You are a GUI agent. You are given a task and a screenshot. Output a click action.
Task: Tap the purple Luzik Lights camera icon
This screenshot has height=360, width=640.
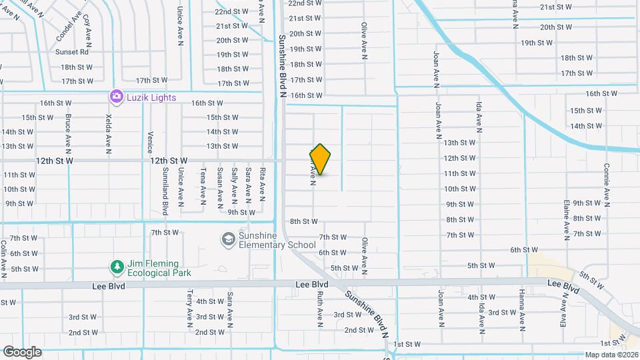click(x=116, y=97)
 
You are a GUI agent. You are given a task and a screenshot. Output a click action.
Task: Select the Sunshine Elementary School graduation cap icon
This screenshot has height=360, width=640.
click(x=229, y=239)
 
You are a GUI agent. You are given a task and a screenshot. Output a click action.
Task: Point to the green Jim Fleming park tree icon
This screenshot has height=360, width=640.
click(x=117, y=267)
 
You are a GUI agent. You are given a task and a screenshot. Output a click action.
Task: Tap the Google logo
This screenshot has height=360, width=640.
click(x=22, y=351)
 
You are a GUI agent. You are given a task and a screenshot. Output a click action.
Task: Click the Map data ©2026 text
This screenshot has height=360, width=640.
click(x=611, y=355)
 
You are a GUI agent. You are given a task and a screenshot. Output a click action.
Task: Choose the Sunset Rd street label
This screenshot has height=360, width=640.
click(x=72, y=52)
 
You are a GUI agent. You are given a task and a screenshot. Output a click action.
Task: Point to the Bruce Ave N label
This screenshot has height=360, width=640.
click(x=68, y=132)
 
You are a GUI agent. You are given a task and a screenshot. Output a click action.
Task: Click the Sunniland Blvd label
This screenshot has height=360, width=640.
click(x=165, y=192)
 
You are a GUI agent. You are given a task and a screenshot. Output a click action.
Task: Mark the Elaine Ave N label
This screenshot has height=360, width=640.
click(x=565, y=219)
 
